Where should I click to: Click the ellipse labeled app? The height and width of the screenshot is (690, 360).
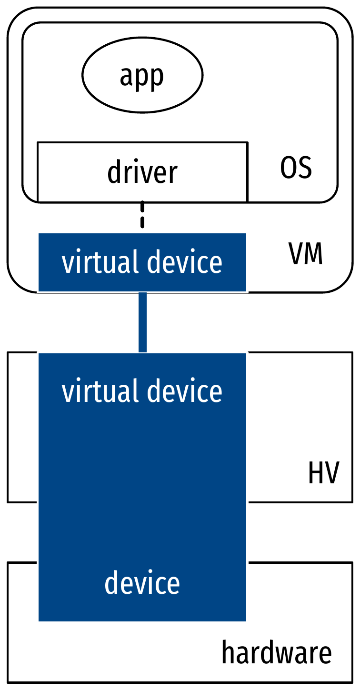[x=142, y=75]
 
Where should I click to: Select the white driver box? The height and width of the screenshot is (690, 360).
[x=142, y=172]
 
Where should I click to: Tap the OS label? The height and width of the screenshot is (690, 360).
[x=296, y=168]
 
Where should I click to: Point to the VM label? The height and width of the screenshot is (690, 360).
[x=306, y=255]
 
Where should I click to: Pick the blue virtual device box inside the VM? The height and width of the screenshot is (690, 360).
[x=142, y=262]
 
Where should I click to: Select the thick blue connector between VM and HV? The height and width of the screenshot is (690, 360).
[x=142, y=322]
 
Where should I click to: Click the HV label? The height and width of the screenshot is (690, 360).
[x=323, y=474]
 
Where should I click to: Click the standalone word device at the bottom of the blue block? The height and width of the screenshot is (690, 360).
[x=142, y=583]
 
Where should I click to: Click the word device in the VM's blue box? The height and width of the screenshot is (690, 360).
[x=185, y=262]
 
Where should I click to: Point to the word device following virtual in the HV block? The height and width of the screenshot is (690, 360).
[x=185, y=391]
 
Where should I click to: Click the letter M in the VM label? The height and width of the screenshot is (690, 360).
[x=313, y=255]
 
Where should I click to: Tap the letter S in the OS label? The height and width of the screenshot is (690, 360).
[x=305, y=168]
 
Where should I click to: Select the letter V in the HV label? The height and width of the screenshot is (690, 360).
[x=331, y=474]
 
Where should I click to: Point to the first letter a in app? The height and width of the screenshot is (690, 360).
[x=126, y=77]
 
